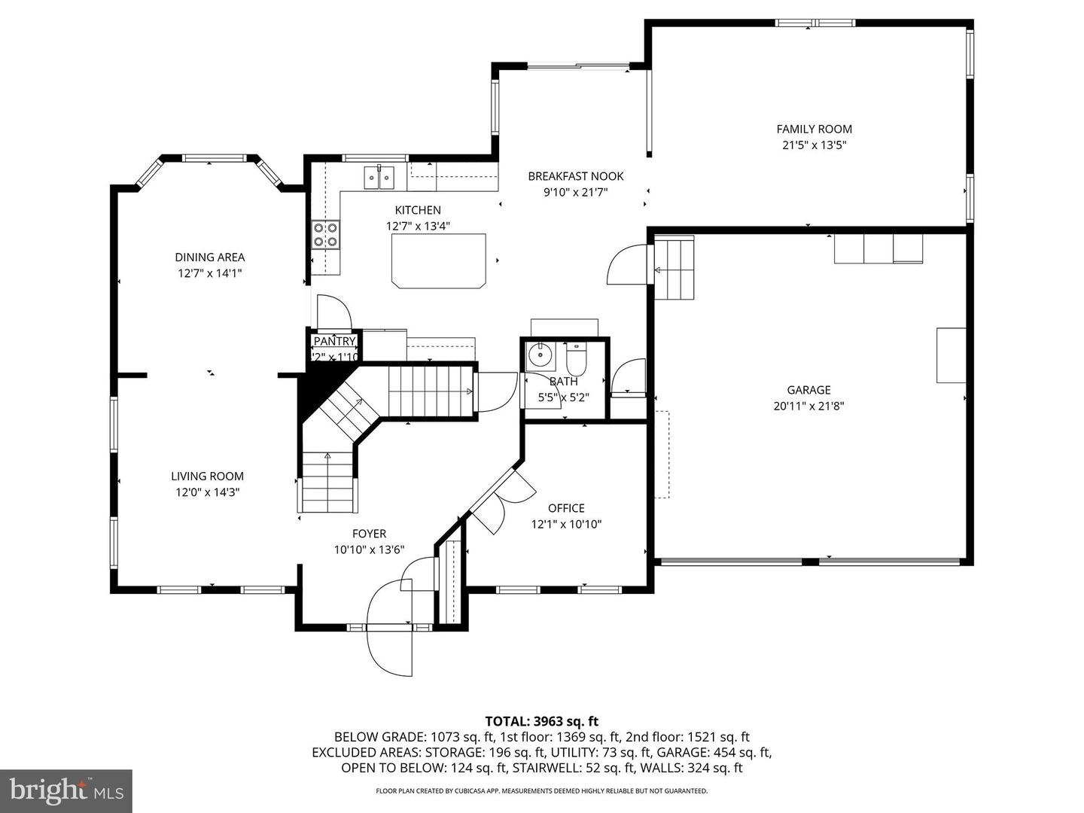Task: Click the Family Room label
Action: [x=814, y=129]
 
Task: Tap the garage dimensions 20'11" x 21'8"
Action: [x=808, y=406]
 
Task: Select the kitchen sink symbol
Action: [x=379, y=178]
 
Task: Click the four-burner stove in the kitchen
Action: [x=326, y=234]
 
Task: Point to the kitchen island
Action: [x=438, y=260]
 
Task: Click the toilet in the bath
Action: [x=576, y=359]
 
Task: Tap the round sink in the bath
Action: [x=539, y=354]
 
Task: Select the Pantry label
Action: [x=334, y=342]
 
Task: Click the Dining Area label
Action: [x=209, y=257]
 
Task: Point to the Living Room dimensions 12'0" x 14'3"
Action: [x=207, y=492]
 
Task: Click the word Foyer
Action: [x=369, y=534]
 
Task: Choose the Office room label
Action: [x=566, y=508]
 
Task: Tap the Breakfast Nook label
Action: [x=575, y=176]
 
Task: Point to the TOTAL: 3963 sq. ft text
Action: [x=541, y=721]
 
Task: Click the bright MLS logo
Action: [x=66, y=790]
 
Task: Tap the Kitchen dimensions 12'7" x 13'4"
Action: [x=418, y=226]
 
